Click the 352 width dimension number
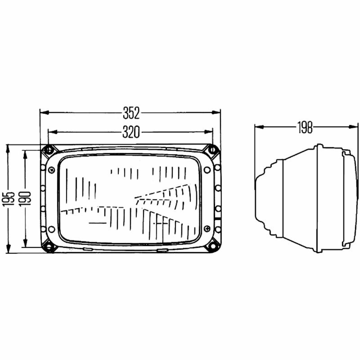pos(131,113)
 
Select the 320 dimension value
pos(131,132)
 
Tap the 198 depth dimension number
pos(305,127)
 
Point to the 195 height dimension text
pos(9,199)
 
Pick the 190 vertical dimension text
pos(25,199)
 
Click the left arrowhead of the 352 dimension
pos(45,112)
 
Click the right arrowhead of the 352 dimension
pos(216,112)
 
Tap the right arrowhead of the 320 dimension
pos(208,132)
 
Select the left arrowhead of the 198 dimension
pos(259,127)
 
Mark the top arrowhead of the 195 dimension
pos(8,149)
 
